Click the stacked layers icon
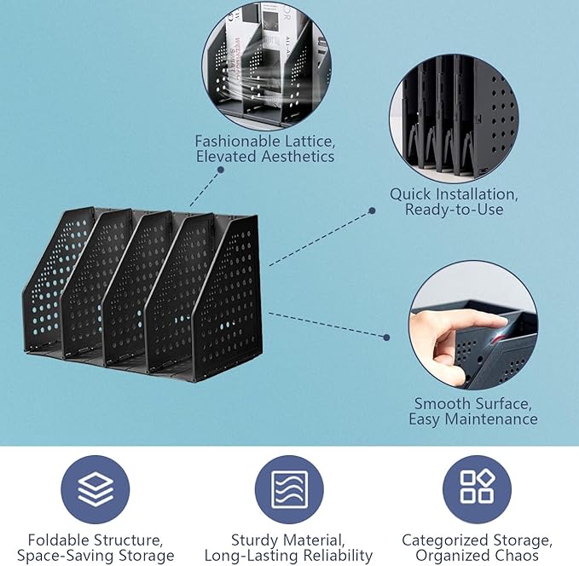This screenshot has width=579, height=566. tap(95, 489)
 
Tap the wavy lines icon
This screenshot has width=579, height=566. tap(289, 489)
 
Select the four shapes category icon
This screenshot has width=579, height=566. tap(477, 489)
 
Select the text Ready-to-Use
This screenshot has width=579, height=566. tap(454, 210)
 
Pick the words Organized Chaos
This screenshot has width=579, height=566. tap(477, 556)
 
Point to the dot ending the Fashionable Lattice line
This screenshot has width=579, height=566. tap(220, 170)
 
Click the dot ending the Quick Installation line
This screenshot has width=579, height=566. tap(373, 209)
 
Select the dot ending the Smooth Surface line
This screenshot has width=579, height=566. tap(386, 338)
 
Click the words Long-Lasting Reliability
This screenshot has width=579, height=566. tap(288, 556)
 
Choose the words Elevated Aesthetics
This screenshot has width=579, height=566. tap(264, 157)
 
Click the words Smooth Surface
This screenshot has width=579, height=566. tap(472, 403)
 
